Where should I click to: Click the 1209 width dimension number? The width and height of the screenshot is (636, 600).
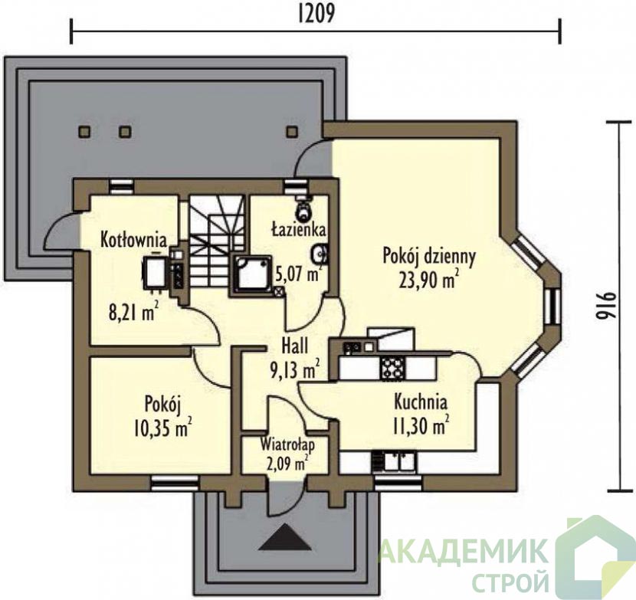[316, 14]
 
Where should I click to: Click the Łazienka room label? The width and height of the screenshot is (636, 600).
[299, 231]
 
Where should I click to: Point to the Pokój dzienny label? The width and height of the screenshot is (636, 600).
[429, 257]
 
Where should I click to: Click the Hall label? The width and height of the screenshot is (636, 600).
[295, 347]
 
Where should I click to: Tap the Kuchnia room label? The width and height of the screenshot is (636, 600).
[421, 402]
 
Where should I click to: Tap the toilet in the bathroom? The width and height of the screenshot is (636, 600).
[303, 206]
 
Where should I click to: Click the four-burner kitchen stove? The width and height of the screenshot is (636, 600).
[392, 367]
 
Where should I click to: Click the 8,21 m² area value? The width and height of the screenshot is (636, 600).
[133, 312]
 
